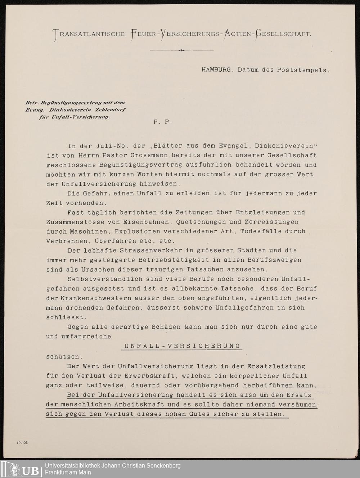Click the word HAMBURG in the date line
coord(216,70)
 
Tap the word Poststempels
coord(303,70)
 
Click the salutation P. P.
coord(163,122)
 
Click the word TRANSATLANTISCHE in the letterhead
coord(89,34)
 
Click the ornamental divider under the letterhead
coord(181,50)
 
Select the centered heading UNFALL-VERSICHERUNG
coord(183,346)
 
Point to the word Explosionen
coord(133,231)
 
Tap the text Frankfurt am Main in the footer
coord(68,472)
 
